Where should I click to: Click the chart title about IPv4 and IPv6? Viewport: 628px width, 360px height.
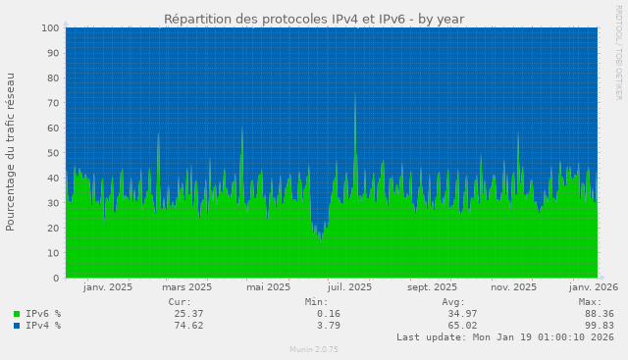(314, 19)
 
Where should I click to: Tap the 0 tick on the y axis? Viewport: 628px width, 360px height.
(57, 279)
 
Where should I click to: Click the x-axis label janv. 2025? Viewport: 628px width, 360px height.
(108, 287)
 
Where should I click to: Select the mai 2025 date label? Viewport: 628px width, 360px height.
(268, 287)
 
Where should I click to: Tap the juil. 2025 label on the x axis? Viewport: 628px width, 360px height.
(348, 287)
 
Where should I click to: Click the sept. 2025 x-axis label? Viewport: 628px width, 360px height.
(432, 287)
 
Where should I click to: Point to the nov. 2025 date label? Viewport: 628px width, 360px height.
(512, 287)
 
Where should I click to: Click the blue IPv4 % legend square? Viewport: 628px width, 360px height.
(16, 325)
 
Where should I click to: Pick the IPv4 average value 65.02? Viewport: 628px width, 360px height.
(462, 325)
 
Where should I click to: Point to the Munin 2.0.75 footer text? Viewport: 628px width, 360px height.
(314, 349)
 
